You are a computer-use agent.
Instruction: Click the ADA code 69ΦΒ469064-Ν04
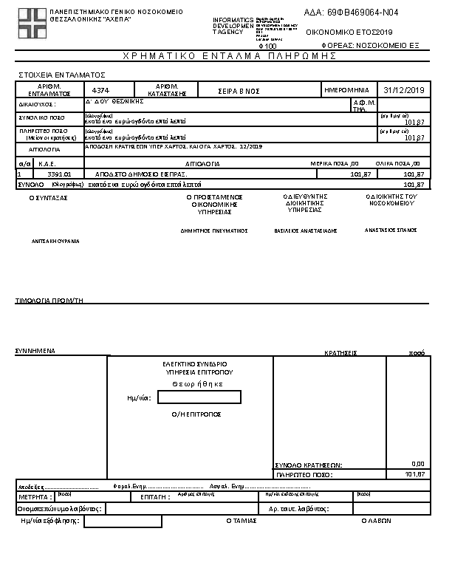(351, 13)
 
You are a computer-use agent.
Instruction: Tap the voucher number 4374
(100, 89)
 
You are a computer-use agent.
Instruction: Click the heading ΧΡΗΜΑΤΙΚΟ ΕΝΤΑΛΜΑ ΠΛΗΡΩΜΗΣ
(225, 56)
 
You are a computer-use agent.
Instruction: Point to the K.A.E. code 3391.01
(58, 174)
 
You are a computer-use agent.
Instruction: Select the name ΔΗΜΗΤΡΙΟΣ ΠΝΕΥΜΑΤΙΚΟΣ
(214, 230)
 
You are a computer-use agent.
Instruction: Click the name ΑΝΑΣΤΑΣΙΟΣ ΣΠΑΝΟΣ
(391, 230)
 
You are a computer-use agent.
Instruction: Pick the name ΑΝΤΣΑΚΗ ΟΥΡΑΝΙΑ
(55, 241)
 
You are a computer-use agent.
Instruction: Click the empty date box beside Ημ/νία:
(199, 397)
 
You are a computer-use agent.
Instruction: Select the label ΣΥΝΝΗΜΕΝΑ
(35, 352)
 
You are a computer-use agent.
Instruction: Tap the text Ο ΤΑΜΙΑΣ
(240, 521)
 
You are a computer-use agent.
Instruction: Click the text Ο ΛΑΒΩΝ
(376, 521)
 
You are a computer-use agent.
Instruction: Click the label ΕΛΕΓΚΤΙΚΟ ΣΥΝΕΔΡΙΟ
(194, 364)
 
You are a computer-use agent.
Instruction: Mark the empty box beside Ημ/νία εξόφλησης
(123, 521)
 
